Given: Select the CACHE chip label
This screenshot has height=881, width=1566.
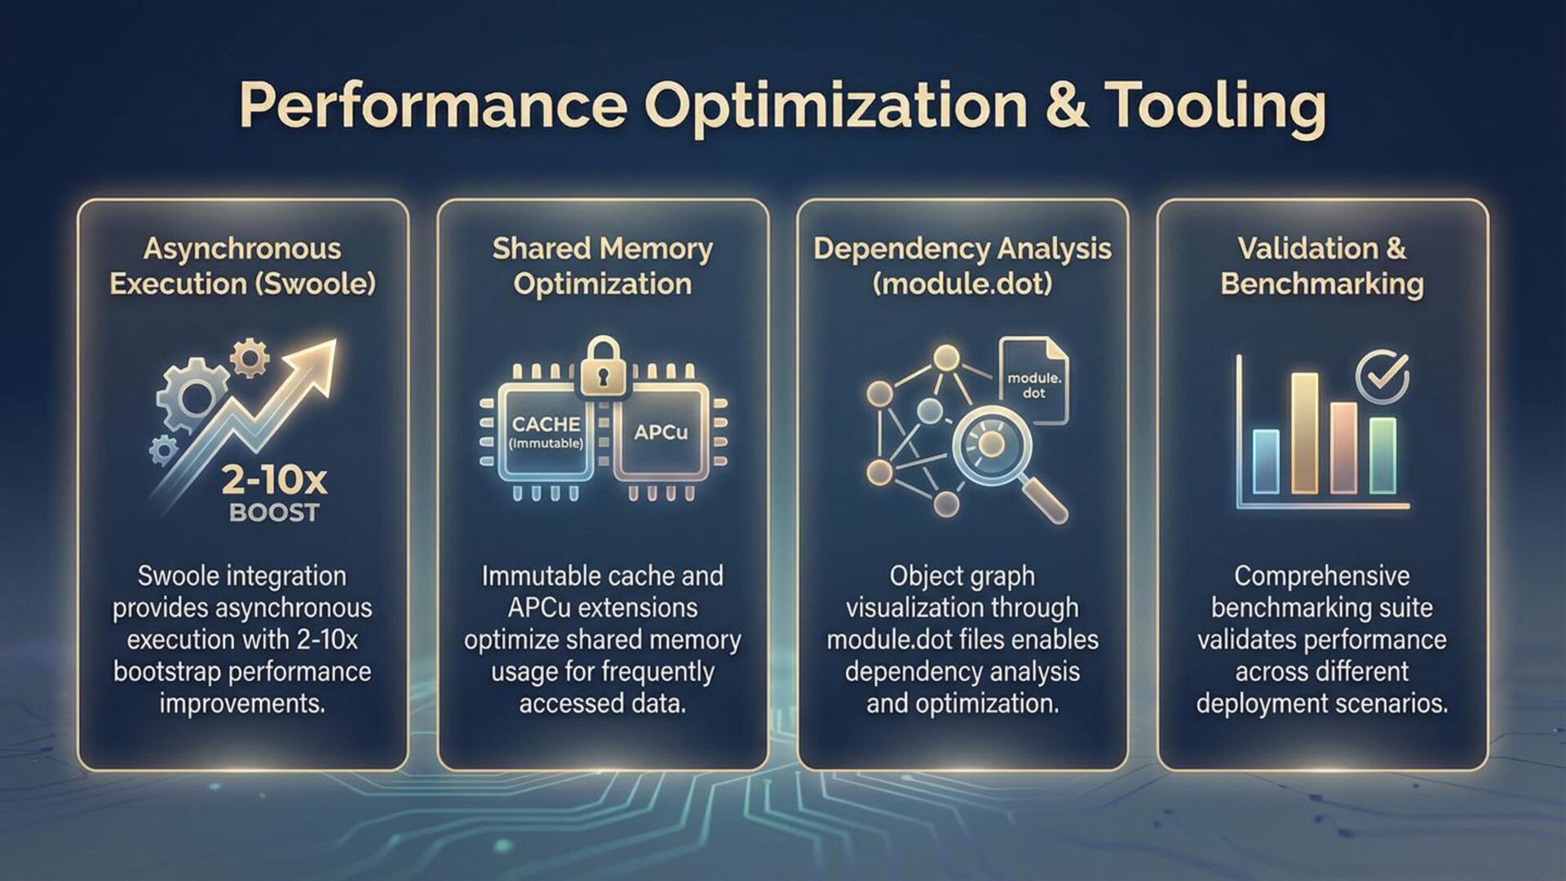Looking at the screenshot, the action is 546,424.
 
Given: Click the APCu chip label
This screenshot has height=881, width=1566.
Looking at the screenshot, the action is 661,432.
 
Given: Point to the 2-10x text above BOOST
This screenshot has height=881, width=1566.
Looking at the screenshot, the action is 274,480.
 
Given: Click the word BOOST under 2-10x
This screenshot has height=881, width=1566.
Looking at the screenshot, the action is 274,513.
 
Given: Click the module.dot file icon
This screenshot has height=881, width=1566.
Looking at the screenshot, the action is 1034,382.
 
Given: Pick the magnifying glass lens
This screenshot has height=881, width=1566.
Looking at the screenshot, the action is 991,445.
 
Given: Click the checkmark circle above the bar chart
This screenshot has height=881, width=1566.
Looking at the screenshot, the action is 1382,377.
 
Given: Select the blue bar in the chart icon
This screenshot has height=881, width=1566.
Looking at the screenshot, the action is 1265,462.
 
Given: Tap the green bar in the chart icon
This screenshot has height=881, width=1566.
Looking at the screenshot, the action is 1382,455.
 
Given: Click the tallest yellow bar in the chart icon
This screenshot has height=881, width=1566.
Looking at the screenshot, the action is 1304,432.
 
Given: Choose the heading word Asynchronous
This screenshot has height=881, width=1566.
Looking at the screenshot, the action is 242,249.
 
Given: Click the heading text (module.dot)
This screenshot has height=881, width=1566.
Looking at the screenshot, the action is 962,284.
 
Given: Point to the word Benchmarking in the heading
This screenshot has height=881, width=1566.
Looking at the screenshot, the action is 1322,284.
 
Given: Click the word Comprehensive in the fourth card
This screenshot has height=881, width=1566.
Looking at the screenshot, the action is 1321,576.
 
